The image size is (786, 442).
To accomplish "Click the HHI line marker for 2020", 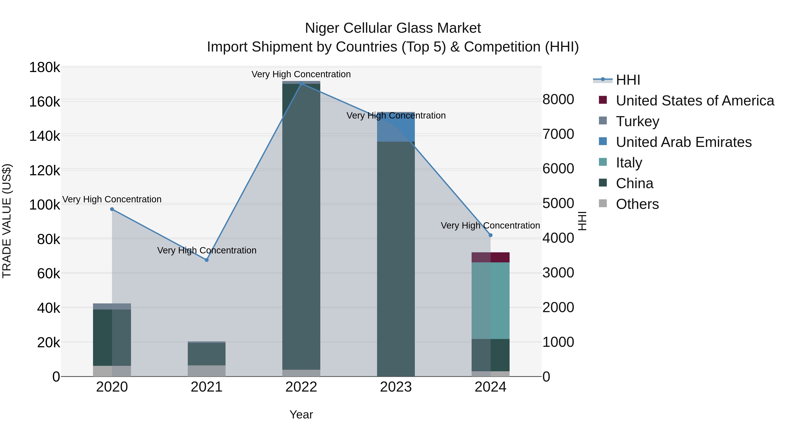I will pos(112,209).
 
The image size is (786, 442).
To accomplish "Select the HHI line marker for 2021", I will pos(207,260).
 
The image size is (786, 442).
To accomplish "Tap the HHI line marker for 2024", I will pos(491,235).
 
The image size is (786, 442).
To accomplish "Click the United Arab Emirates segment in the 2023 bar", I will pos(396,127).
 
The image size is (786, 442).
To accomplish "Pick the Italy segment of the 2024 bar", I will pos(491,301).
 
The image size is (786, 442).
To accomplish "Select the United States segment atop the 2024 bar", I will pos(491,257).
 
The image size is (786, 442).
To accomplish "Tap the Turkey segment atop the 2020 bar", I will pos(112,306).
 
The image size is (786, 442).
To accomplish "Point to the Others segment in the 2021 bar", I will pos(207,371).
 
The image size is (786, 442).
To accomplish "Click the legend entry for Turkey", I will pos(637,121).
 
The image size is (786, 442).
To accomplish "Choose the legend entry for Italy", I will pos(629,163).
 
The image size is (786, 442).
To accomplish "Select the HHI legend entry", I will pos(628,80).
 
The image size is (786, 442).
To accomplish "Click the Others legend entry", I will pos(637,204).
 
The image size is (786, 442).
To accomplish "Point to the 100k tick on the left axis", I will pos(45,205).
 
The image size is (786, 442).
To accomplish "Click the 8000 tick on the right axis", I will pos(558,100).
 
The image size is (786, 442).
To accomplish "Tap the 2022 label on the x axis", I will pos(301,387).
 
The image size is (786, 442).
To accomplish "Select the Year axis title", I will pos(301,414).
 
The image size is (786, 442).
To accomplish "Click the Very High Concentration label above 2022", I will pos(301,74).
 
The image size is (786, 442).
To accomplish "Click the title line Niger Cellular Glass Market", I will pos(393,28).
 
